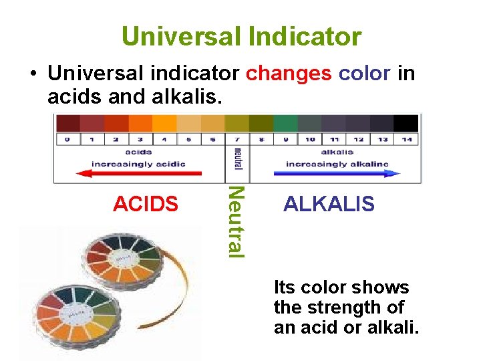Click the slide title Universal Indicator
coord(241,36)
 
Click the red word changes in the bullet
coord(289,73)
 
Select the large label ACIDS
coord(146,203)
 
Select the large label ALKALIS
coord(329,203)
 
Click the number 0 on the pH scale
coord(67,140)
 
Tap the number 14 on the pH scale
coord(406,140)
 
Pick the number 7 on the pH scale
coord(236,140)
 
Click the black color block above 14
coord(406,123)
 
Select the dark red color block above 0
coord(68,123)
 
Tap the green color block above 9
coord(285,123)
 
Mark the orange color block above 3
coord(140,123)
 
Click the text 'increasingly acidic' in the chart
coord(139,164)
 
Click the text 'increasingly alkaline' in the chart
coord(337,164)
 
